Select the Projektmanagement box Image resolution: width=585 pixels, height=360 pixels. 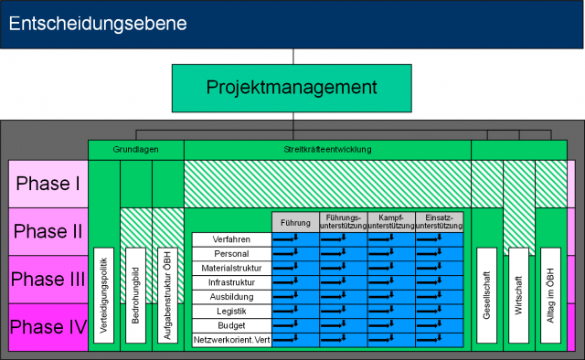pyautogui.click(x=292, y=88)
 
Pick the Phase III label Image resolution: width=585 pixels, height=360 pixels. pyautogui.click(x=48, y=279)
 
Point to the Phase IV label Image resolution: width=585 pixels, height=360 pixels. pyautogui.click(x=48, y=326)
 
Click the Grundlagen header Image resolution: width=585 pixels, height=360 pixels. pyautogui.click(x=135, y=149)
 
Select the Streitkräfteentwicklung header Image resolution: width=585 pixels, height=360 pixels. pyautogui.click(x=327, y=149)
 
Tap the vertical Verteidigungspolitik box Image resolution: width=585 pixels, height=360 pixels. pyautogui.click(x=103, y=295)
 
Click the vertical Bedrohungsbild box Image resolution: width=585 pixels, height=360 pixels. pyautogui.click(x=134, y=295)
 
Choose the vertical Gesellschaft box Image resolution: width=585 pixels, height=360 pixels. pyautogui.click(x=486, y=295)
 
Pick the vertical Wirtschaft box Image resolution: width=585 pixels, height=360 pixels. pyautogui.click(x=517, y=295)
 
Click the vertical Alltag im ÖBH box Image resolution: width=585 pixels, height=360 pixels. pyautogui.click(x=549, y=295)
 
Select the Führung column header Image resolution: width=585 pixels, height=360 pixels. pyautogui.click(x=295, y=222)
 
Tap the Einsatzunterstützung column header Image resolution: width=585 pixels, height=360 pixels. pyautogui.click(x=439, y=222)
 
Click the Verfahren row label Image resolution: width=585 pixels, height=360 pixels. pyautogui.click(x=231, y=239)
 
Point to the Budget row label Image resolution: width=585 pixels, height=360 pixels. pyautogui.click(x=231, y=324)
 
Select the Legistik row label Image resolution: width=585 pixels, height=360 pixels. pyautogui.click(x=231, y=311)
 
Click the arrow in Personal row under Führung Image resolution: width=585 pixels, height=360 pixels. pyautogui.click(x=295, y=254)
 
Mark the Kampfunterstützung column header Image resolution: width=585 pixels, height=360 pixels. pyautogui.click(x=391, y=222)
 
